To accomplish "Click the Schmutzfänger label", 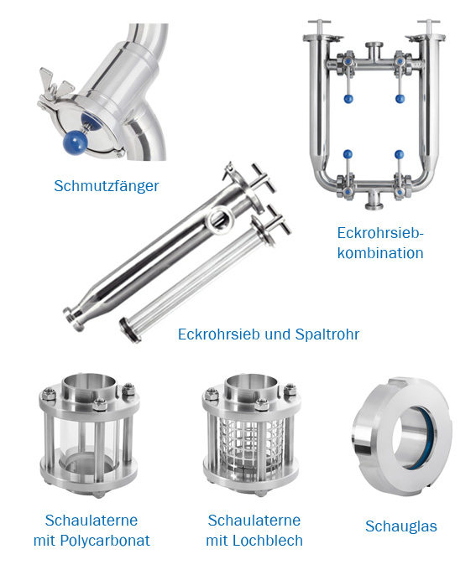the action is tap(107, 186).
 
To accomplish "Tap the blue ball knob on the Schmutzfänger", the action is tap(76, 142).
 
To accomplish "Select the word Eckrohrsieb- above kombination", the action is tap(379, 233).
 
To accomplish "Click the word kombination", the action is tap(380, 252).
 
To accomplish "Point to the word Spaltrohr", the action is tap(327, 334).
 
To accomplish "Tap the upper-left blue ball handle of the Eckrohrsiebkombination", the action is tap(348, 99).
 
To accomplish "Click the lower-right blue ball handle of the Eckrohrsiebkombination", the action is tap(399, 154).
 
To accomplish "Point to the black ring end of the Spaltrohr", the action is tap(130, 329).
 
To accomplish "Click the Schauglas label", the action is tap(401, 526).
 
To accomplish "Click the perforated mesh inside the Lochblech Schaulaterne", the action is tap(251, 443).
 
